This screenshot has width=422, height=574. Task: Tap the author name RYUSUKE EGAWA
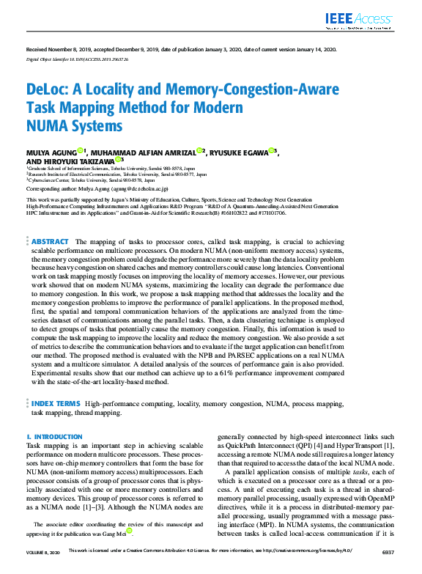[x=237, y=152]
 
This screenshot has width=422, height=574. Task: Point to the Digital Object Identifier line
[x=76, y=58]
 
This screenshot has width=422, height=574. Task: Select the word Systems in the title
[x=97, y=126]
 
